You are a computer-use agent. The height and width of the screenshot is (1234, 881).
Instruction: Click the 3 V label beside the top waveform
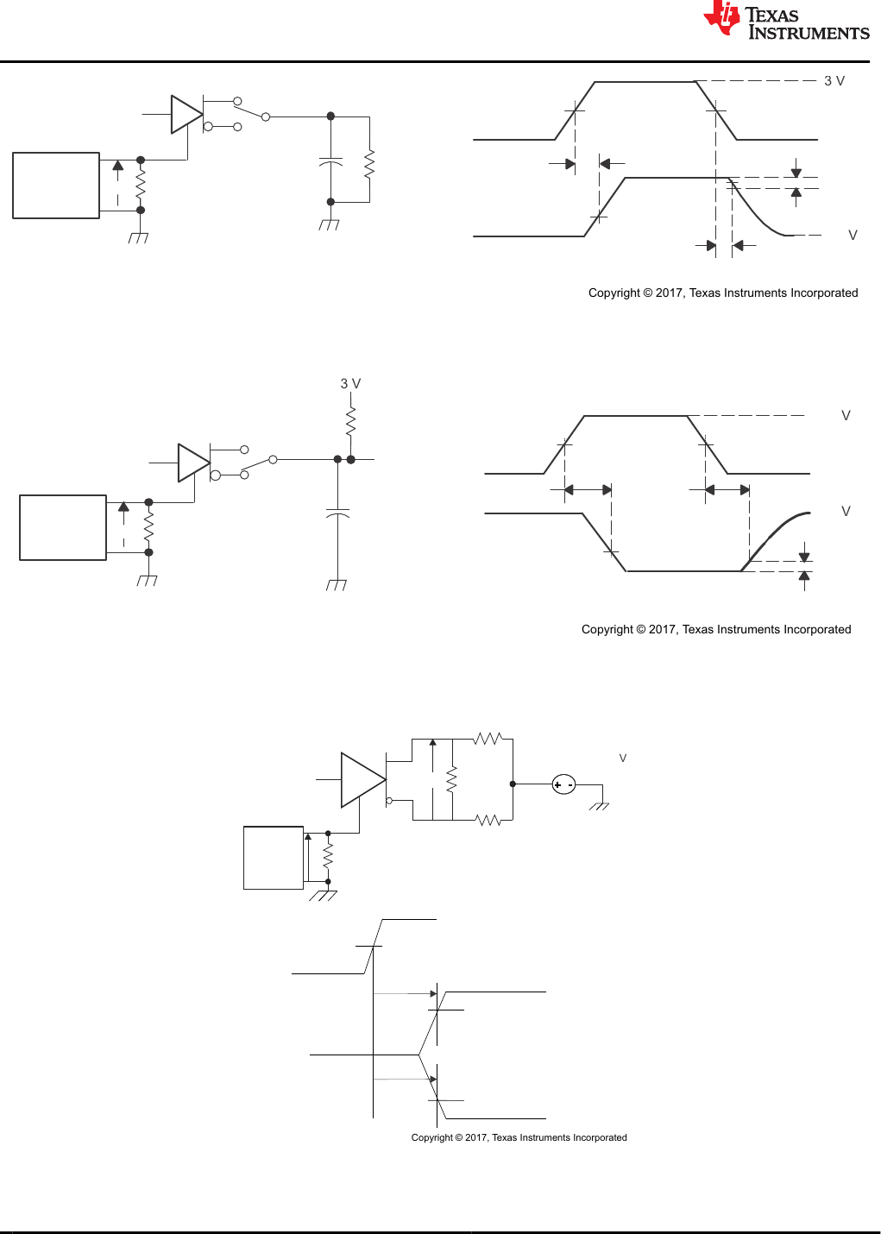click(834, 81)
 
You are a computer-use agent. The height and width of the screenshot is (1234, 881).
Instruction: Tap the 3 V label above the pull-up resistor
click(350, 383)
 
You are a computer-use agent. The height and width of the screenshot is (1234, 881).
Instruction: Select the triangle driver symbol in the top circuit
click(186, 115)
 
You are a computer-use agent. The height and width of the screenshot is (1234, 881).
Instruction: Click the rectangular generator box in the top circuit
click(56, 186)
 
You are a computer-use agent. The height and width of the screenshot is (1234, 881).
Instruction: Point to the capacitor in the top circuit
click(330, 161)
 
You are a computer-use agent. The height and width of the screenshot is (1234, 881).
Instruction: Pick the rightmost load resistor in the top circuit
click(369, 164)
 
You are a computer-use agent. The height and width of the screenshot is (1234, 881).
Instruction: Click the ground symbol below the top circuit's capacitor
click(329, 224)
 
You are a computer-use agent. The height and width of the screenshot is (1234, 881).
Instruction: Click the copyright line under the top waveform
click(723, 293)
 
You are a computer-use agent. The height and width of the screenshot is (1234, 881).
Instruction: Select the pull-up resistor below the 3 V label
click(350, 423)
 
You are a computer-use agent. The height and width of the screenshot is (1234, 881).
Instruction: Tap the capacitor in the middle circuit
click(337, 514)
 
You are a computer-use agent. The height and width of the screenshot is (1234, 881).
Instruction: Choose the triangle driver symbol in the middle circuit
click(193, 463)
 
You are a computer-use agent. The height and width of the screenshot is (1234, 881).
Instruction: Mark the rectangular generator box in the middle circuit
click(63, 527)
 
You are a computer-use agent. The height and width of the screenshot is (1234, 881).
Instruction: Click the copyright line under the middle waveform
click(716, 629)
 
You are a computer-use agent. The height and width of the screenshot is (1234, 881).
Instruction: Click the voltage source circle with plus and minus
click(563, 784)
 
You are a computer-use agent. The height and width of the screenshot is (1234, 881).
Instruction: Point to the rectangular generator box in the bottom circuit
click(274, 858)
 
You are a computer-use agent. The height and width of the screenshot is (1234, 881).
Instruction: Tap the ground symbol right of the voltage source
click(600, 805)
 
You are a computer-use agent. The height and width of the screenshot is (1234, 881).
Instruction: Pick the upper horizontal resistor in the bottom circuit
click(488, 739)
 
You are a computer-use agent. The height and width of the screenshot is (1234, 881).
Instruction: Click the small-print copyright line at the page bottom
click(519, 1137)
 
